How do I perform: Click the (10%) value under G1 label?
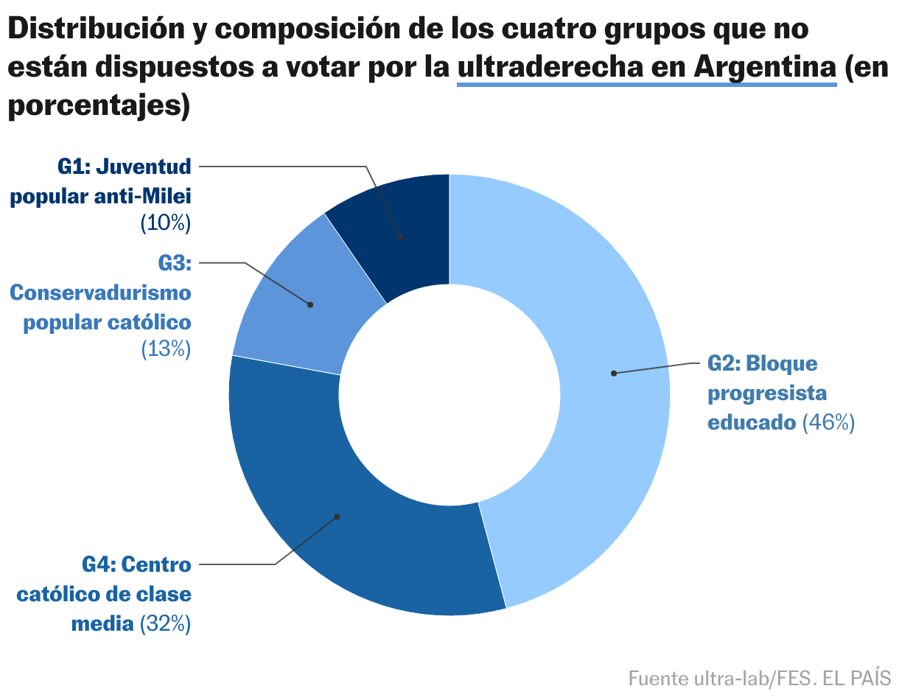166,223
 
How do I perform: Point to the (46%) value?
828,423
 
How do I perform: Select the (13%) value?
166,349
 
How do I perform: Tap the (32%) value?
165,624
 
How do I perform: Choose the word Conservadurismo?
100,293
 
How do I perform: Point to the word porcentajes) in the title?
99,105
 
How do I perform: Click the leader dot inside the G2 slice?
613,374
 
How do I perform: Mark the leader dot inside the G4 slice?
337,517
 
